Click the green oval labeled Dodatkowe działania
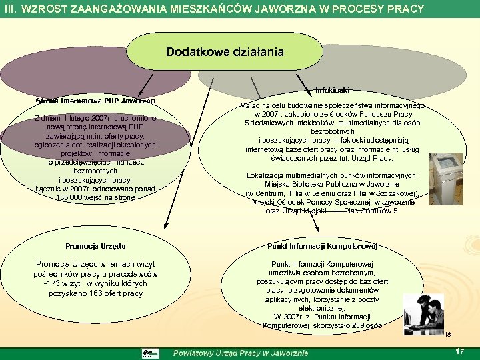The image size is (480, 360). coord(225,52)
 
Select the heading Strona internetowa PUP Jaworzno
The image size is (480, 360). coord(95,101)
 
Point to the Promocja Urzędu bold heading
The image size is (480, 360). coord(95,247)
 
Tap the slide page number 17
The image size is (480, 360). coord(459,351)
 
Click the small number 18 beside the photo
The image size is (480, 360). coord(447,335)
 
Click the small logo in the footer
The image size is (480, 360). coord(151,353)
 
